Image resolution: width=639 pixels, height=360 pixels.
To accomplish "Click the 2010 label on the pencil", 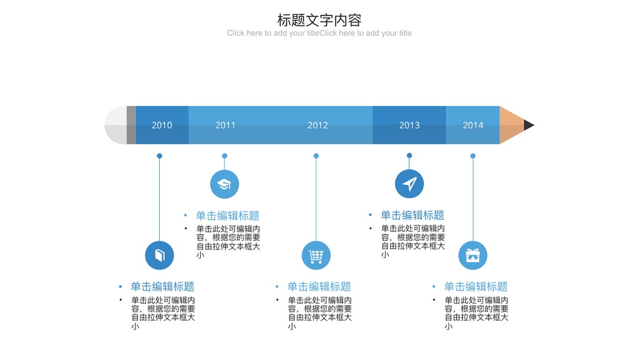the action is coord(162,125).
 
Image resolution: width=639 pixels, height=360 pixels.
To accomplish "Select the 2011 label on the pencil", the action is coord(225,125).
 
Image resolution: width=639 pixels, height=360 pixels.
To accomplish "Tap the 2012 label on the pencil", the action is coord(318,125).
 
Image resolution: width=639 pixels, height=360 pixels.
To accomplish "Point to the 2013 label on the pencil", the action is coord(409,125).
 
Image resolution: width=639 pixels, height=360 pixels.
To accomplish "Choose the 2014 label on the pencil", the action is coord(473,125).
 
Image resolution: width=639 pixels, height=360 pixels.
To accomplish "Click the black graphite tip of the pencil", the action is coord(528,125).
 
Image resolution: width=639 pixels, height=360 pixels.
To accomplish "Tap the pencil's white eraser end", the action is coord(115,125).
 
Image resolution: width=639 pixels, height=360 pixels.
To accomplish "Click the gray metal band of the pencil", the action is coord(131,125).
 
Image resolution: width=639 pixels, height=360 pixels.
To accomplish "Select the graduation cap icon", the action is coord(225,184).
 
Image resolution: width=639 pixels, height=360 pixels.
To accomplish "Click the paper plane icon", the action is coord(409,183).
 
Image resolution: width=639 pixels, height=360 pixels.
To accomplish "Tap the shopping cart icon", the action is coord(316,255).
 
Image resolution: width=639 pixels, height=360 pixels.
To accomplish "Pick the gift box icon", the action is coord(473,255).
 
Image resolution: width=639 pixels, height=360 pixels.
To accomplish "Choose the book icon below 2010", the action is coord(159,255).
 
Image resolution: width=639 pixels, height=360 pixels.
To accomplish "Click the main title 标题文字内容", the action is coord(319,20).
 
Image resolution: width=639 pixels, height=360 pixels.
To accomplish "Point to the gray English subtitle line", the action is coord(319,33).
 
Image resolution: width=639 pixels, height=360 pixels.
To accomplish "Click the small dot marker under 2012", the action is coord(316,156).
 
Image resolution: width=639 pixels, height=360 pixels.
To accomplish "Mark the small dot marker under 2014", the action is coord(473,156).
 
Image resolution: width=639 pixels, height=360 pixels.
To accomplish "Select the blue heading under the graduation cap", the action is coord(227,215).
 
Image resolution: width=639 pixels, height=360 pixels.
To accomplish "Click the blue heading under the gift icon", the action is coord(476,287).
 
